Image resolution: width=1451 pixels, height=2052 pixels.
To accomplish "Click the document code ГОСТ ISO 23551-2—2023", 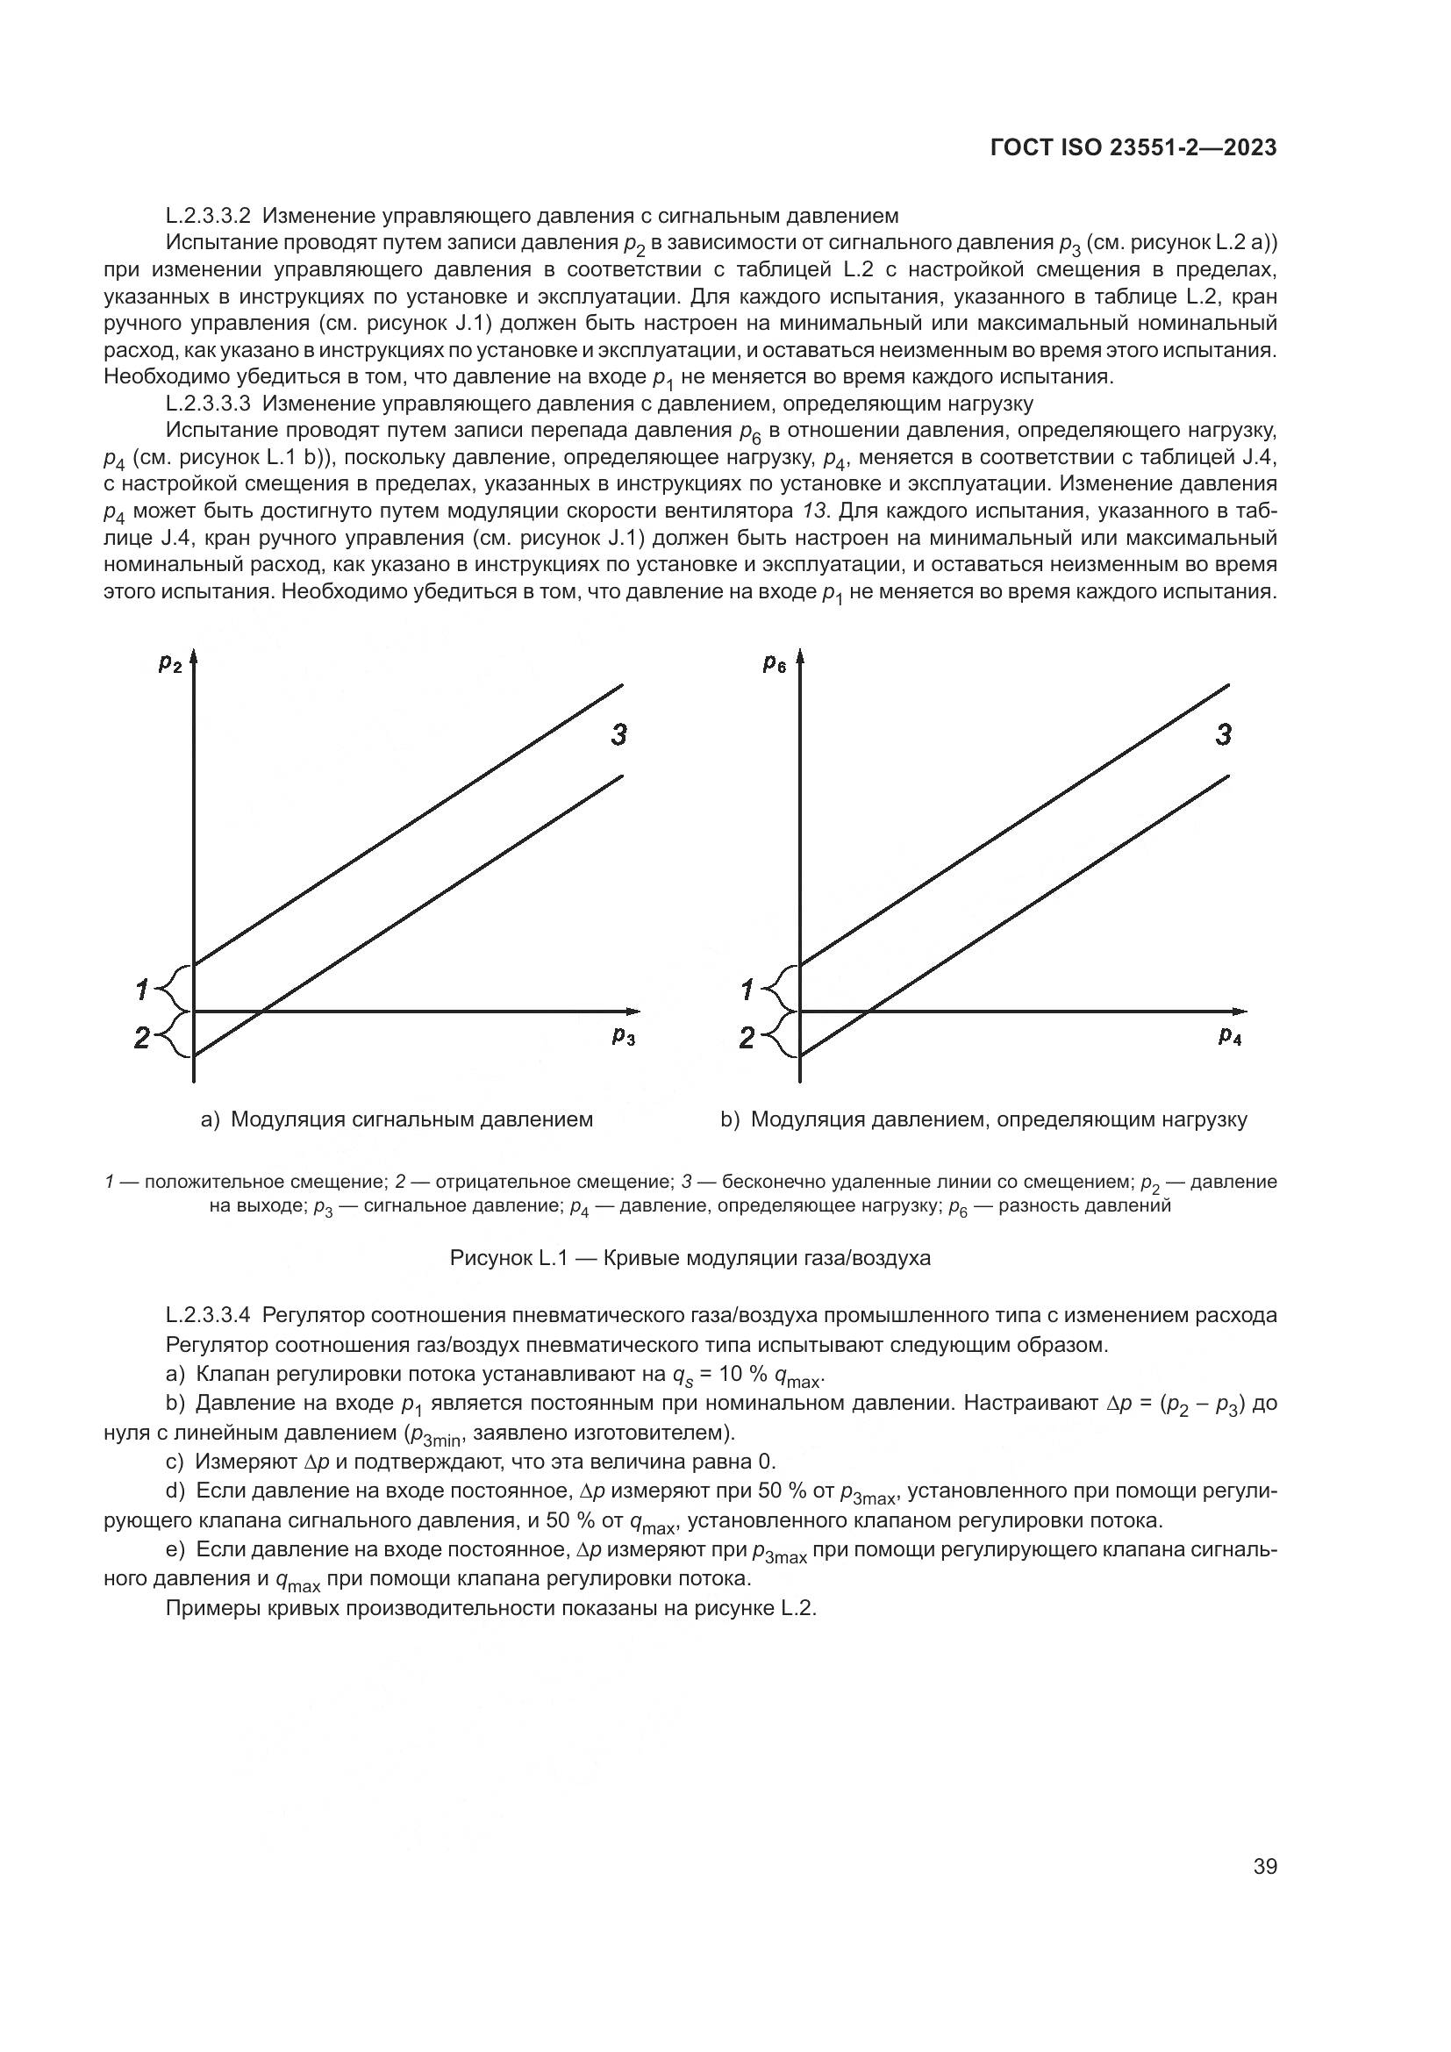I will coord(1133,148).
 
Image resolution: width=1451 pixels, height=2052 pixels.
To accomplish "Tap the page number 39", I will coord(1265,1866).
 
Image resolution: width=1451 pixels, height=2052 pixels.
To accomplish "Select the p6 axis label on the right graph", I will coord(774,663).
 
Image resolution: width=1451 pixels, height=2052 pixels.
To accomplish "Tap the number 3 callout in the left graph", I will coord(618,735).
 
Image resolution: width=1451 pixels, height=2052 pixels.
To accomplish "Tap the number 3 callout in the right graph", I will coord(1224,735).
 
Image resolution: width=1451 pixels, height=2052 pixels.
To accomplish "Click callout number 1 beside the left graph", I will coord(141,990).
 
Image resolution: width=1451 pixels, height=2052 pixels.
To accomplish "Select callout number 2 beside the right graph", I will coord(747,1038).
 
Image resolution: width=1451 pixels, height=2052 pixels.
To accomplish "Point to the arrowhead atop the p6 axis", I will coord(800,660).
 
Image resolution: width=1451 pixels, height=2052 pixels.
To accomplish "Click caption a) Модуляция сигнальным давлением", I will coord(397,1119).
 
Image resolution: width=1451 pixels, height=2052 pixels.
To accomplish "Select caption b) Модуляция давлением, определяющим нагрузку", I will coord(983,1119).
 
